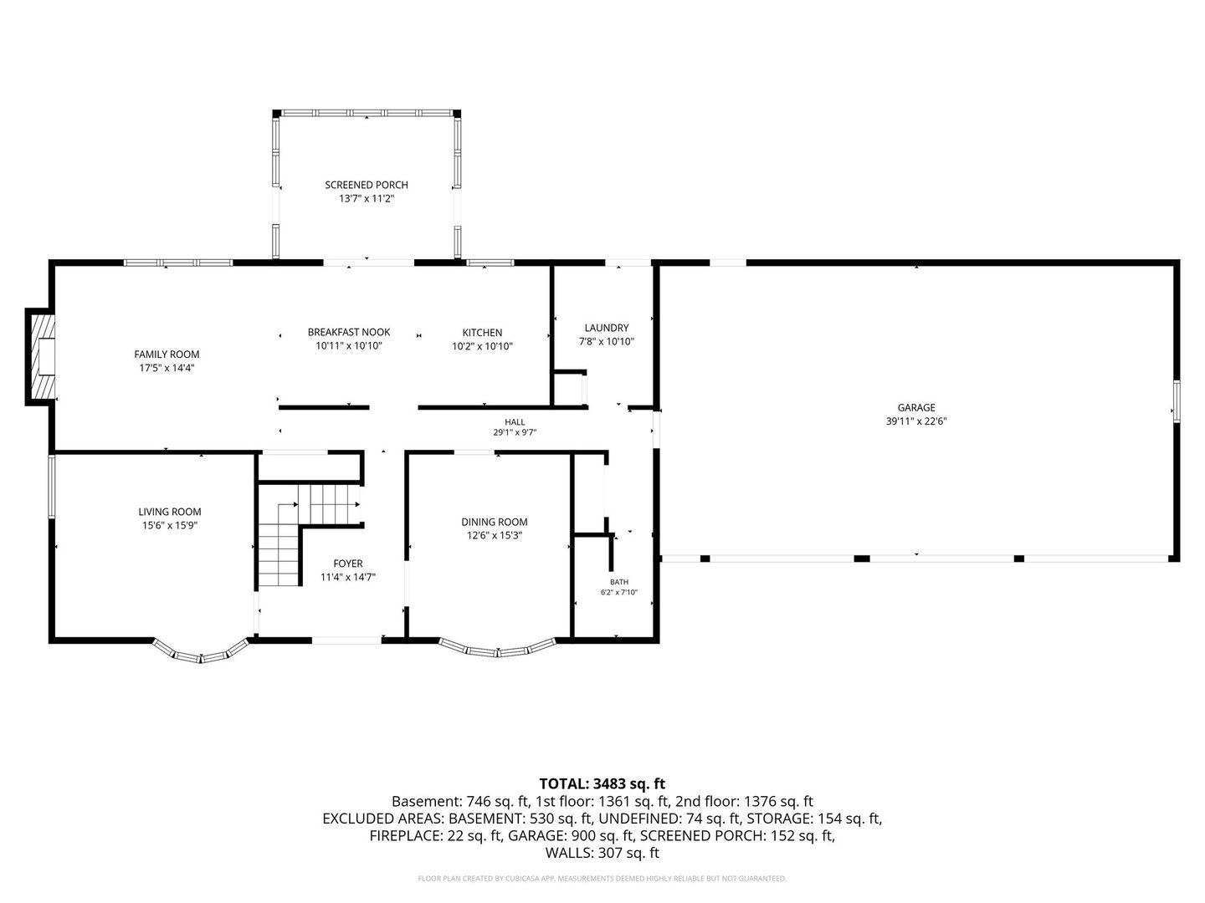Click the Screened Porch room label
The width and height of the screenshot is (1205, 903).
(x=367, y=185)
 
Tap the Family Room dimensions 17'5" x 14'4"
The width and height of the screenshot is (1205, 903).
(x=167, y=368)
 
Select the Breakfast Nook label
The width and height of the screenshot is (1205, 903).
(x=349, y=332)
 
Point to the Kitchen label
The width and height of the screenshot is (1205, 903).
(x=482, y=332)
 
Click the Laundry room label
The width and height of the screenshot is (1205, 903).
(x=606, y=328)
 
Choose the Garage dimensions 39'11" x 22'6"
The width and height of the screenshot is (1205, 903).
(x=916, y=421)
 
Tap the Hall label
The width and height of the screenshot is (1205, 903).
(x=515, y=422)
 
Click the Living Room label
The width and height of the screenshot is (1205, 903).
(x=170, y=512)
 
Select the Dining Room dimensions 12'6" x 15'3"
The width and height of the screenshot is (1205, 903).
(x=494, y=536)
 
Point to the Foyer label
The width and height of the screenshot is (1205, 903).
(x=347, y=564)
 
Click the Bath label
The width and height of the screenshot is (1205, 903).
(x=618, y=582)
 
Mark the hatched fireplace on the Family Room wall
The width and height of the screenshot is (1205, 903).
(x=41, y=357)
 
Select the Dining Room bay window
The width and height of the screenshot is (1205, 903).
(x=497, y=649)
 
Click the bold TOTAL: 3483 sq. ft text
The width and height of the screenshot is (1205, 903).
(x=602, y=783)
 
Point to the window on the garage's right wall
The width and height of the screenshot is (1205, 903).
(x=1177, y=400)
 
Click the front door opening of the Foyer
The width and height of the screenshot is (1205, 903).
(x=347, y=640)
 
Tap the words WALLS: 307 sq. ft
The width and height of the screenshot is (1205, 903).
(x=602, y=853)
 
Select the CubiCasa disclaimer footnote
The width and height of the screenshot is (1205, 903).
(x=602, y=878)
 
